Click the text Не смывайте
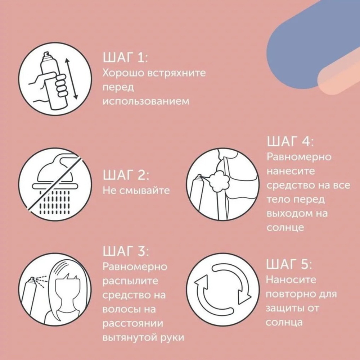coord(136,190)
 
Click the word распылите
coord(129,281)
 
